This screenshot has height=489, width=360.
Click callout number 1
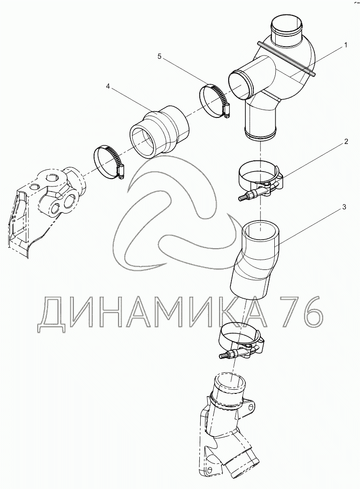346,46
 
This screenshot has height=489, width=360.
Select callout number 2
346,142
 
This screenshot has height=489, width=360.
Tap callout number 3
344,207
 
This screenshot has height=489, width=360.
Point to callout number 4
108,86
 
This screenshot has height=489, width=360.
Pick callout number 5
160,56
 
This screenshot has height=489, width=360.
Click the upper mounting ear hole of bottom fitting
250,406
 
